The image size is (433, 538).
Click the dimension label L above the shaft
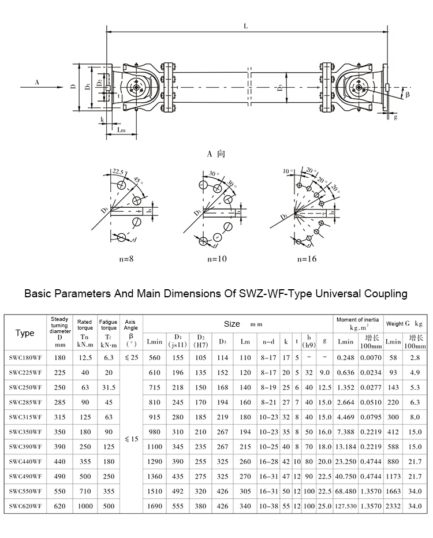click(247, 27)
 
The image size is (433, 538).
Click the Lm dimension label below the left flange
click(122, 130)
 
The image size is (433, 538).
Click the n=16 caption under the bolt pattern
click(307, 259)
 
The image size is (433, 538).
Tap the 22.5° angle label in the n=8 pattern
click(118, 171)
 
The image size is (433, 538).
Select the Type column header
click(25, 333)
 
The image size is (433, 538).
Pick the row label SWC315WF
click(25, 417)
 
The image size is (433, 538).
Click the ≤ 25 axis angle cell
click(131, 358)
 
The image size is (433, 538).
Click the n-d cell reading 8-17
click(267, 358)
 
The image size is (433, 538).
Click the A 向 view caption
click(217, 154)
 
